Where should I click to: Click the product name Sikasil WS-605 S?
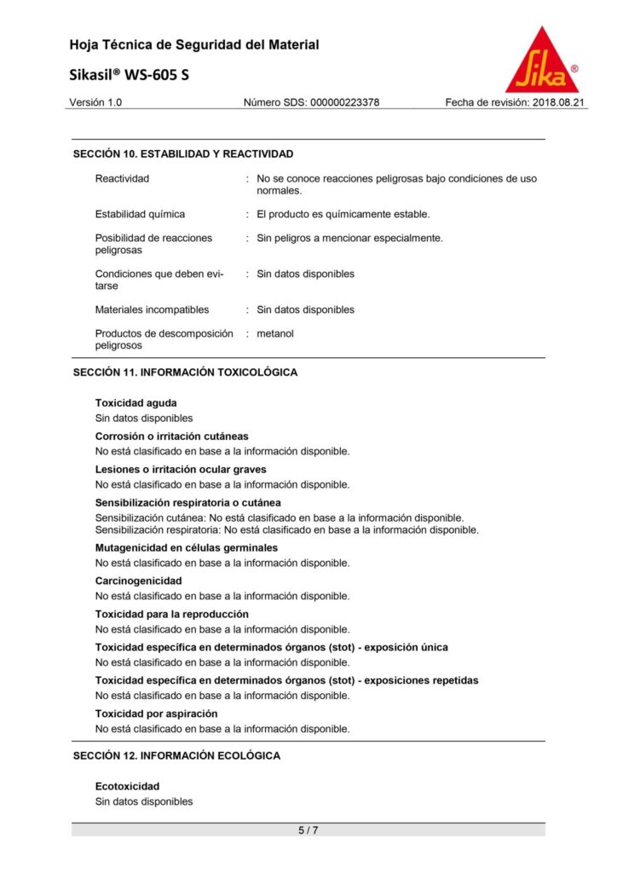coord(130,75)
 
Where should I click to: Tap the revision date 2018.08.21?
coord(560,102)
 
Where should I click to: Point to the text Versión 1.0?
coord(95,102)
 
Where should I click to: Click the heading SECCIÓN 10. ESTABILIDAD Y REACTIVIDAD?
coord(183,154)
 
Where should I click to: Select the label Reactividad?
coord(122,178)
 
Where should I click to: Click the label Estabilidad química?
coord(140,214)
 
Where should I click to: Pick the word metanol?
coord(275,333)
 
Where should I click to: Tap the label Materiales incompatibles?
coord(152,309)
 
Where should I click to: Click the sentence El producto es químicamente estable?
coord(343,214)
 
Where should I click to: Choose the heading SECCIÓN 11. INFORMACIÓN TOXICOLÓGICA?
coord(185,373)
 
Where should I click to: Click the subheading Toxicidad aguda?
coord(136,402)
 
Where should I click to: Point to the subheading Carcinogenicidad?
coord(138,581)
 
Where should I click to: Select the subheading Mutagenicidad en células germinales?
coord(186,547)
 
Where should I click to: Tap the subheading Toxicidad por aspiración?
coord(156,713)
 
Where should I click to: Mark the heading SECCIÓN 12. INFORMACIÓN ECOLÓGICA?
coord(176,755)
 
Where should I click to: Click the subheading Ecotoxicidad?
coord(127,786)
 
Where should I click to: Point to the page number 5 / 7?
coord(308,830)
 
